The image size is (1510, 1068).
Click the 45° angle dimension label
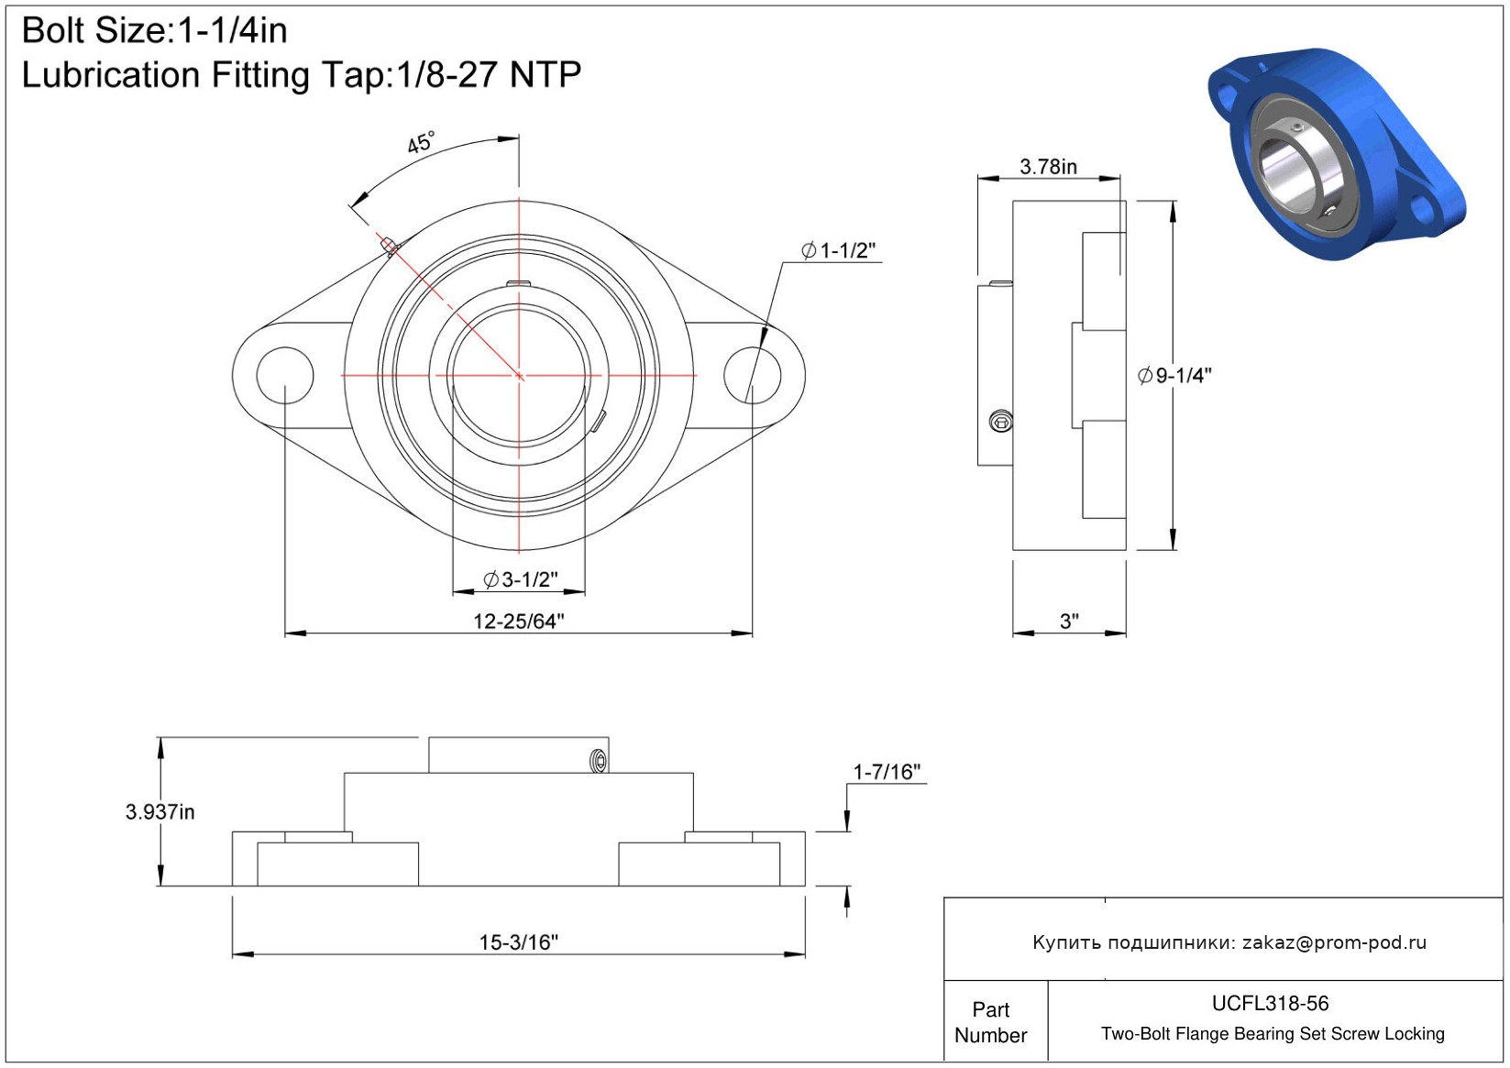coord(421,143)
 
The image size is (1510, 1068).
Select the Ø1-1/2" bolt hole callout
coord(838,250)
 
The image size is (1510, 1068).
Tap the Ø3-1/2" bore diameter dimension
coord(520,579)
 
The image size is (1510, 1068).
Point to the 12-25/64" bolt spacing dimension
coord(518,621)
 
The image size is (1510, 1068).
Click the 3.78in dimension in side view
coord(1048,166)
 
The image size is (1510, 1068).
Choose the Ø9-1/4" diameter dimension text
coord(1174,375)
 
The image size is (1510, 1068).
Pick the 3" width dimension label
coord(1069,621)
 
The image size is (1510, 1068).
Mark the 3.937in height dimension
coord(160,811)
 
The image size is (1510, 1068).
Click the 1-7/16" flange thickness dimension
coord(886,772)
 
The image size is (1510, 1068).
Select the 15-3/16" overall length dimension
coord(518,941)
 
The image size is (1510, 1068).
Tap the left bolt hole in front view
coord(284,375)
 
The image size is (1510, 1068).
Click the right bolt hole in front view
coord(752,375)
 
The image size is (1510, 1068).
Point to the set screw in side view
coord(1001,422)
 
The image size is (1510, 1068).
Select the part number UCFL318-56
coord(1270,1003)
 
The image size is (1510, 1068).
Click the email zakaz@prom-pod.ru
coord(1334,942)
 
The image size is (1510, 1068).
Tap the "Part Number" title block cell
coord(990,1022)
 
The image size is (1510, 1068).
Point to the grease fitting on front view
coord(390,245)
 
